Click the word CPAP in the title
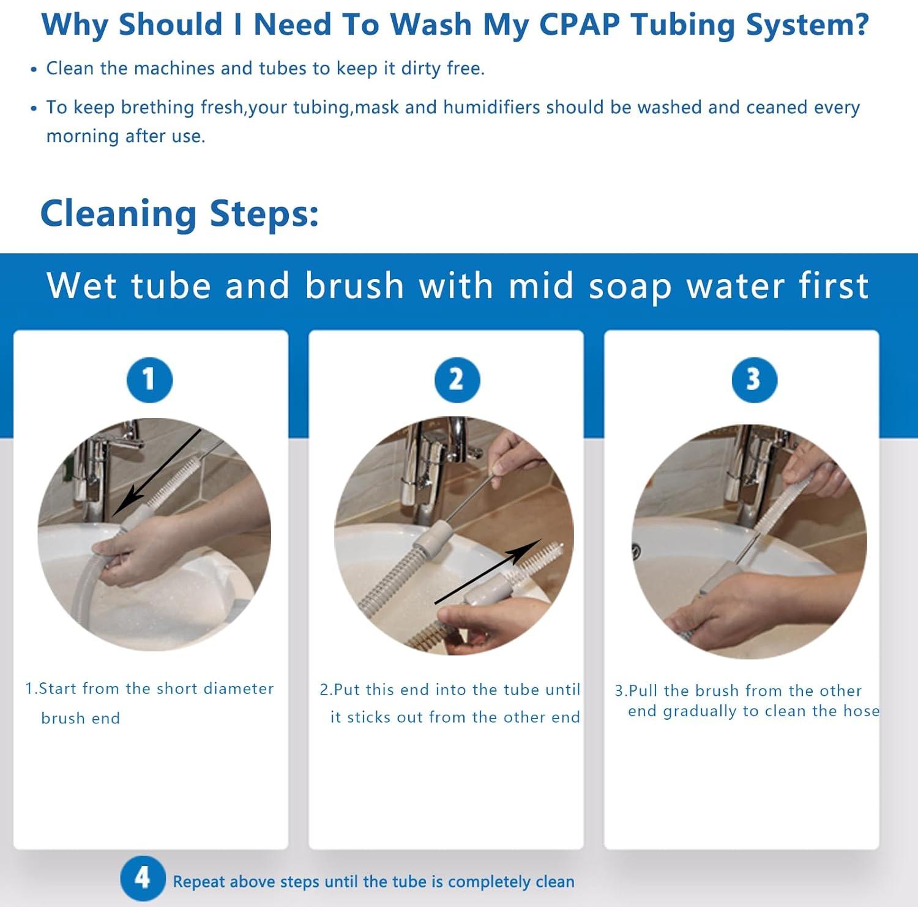(580, 25)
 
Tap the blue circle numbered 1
(149, 379)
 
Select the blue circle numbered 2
(457, 379)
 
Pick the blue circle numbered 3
(755, 379)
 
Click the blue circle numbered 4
(143, 878)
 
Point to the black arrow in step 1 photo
(157, 472)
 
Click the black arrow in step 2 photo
(488, 571)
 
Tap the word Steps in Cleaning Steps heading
(264, 214)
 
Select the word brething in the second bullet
(157, 107)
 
